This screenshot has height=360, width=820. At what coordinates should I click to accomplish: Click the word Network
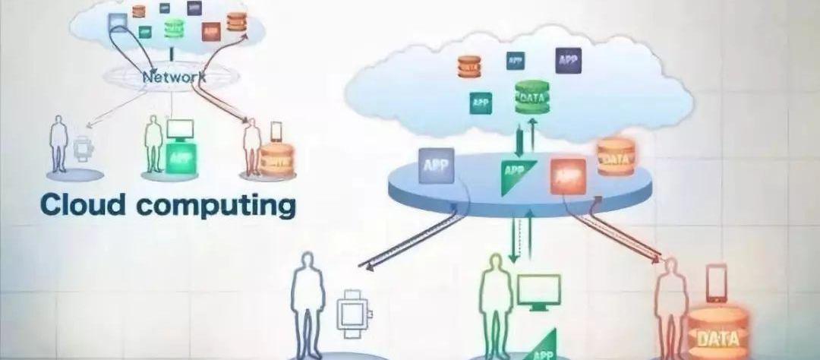click(x=174, y=77)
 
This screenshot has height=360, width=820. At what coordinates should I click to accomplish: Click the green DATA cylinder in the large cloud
click(x=531, y=97)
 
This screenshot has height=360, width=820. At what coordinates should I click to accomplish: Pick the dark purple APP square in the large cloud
click(x=568, y=59)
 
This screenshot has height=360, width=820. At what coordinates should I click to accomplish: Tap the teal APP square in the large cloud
click(x=480, y=102)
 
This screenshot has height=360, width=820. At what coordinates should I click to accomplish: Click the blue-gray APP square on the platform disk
click(x=435, y=166)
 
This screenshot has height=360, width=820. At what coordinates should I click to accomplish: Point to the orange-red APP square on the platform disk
click(x=569, y=175)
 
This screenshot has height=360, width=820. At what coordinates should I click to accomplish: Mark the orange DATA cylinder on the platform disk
click(x=614, y=157)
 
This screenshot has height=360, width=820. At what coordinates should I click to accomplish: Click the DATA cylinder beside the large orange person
click(x=715, y=333)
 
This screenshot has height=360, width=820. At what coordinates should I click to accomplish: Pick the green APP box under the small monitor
click(x=181, y=158)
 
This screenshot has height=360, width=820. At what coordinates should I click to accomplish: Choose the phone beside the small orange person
click(x=276, y=131)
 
